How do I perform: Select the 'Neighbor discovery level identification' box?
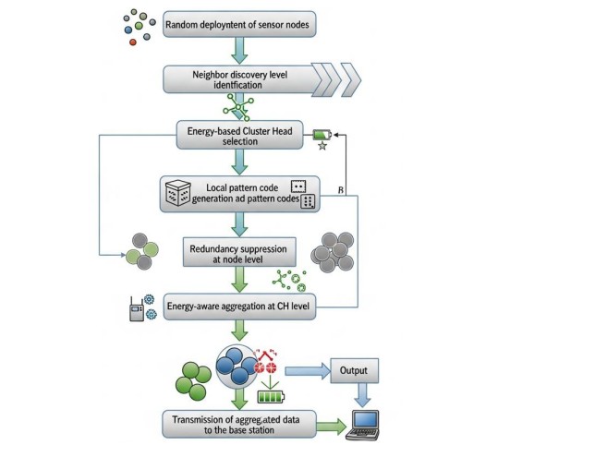240,79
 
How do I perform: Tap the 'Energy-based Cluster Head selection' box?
240,137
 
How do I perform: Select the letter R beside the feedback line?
341,190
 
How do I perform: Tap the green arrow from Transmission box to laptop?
331,426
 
